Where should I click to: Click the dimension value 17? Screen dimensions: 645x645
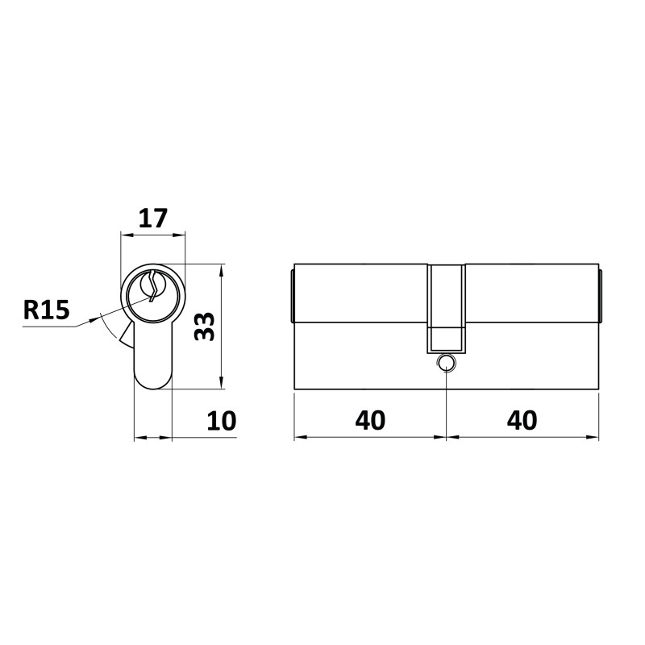point(153,218)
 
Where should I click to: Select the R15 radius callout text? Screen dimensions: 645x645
point(47,310)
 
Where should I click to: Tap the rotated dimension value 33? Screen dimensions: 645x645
point(205,327)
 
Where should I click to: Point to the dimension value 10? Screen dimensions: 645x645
point(221,421)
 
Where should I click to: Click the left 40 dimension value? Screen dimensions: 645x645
point(370,420)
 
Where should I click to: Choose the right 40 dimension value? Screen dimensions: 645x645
point(522,420)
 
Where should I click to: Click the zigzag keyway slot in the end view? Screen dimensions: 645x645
point(153,286)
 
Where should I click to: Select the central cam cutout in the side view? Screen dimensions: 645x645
point(447,309)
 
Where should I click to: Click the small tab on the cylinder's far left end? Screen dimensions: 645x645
point(292,296)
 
